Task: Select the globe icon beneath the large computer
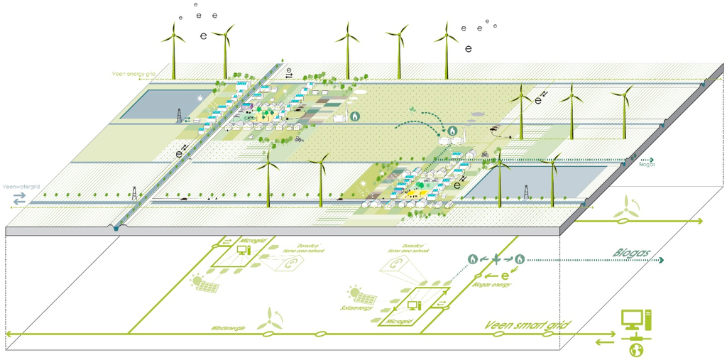(637, 350)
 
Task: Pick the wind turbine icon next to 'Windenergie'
(270, 316)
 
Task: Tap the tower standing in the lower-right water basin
(525, 191)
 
